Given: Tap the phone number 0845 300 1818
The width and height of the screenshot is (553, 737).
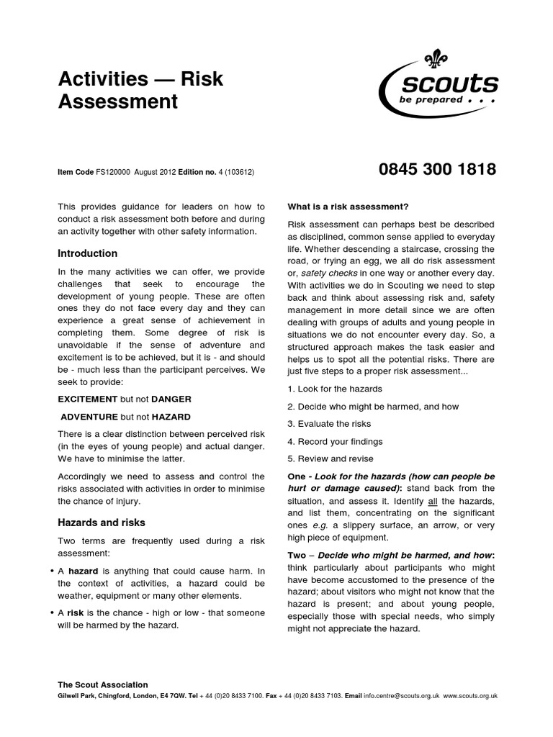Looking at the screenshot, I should (x=437, y=170).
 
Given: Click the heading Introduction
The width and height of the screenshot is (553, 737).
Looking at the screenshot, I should (x=87, y=253).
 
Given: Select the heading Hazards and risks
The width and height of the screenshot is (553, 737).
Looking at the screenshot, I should (x=102, y=523).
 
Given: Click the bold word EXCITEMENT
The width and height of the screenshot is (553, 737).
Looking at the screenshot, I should (x=87, y=399).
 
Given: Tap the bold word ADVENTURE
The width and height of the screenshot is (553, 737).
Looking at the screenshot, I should (x=89, y=416).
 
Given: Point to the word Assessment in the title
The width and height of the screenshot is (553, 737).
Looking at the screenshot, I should (x=117, y=101).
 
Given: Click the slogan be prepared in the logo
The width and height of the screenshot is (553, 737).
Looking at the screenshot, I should (x=431, y=100).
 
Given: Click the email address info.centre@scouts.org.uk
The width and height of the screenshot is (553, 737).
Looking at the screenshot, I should (x=400, y=696).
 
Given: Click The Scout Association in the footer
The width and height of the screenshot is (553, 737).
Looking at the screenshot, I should (x=103, y=684).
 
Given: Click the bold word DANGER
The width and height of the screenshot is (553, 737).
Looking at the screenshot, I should (x=171, y=399).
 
